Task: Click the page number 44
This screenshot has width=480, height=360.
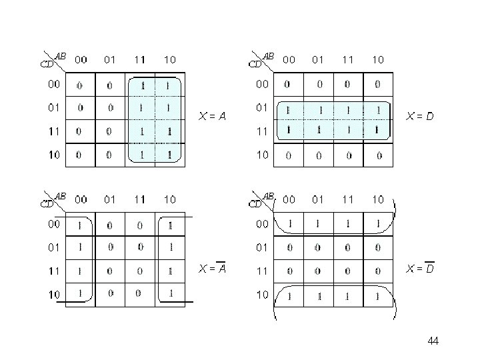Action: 433,341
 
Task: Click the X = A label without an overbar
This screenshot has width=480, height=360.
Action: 213,117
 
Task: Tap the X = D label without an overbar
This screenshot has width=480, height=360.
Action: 420,117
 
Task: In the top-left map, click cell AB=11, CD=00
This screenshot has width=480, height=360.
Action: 140,85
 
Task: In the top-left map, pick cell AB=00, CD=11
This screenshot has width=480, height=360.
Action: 80,131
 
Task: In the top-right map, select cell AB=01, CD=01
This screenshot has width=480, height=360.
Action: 318,109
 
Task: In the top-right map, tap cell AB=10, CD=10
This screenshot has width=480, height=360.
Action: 378,155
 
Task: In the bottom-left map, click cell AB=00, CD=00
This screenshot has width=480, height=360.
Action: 80,225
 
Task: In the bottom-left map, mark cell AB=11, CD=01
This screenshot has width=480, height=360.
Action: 140,247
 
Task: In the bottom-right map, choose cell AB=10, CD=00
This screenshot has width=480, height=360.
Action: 378,225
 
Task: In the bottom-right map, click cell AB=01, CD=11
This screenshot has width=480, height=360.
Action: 318,271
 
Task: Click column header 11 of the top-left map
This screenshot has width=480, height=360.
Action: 140,59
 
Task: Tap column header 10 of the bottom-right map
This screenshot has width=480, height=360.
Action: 378,199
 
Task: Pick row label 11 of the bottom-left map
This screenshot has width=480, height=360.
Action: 53,271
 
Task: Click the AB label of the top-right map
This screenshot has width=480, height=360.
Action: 269,56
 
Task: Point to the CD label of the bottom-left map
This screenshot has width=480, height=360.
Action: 47,203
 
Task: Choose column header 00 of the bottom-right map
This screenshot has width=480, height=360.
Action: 289,199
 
